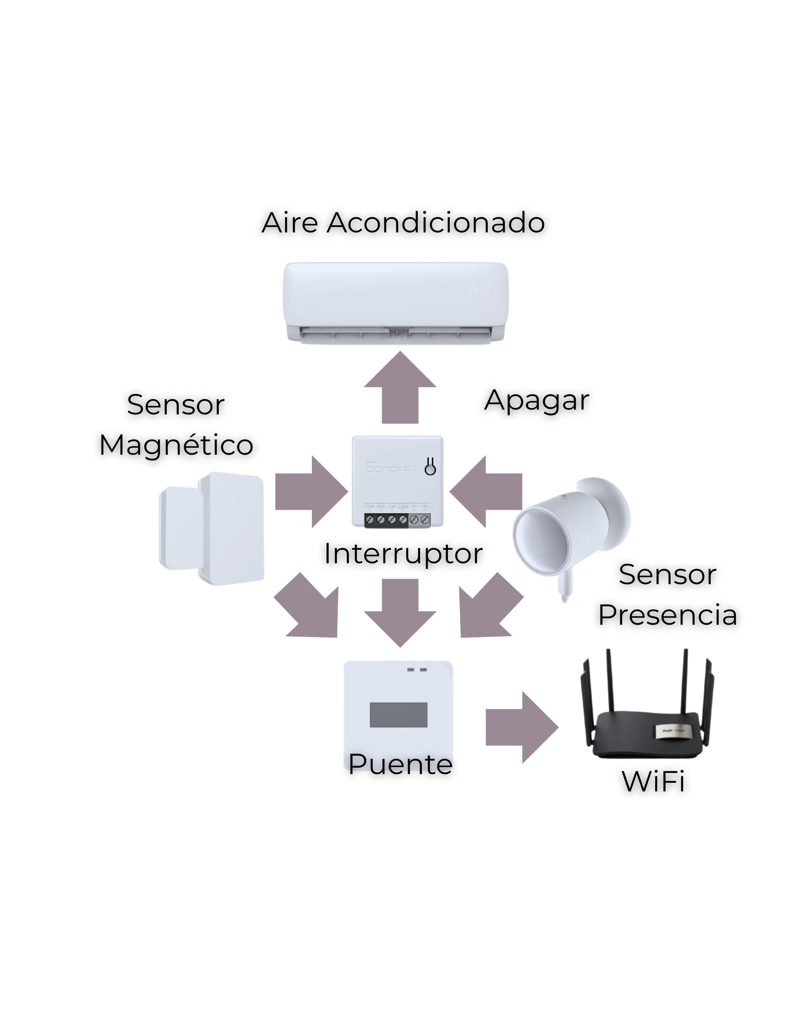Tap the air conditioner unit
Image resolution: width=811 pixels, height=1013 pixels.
395,301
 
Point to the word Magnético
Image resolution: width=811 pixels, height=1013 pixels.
176,445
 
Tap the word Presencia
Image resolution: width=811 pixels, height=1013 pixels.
668,615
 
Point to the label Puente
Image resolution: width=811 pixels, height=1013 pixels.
400,764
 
